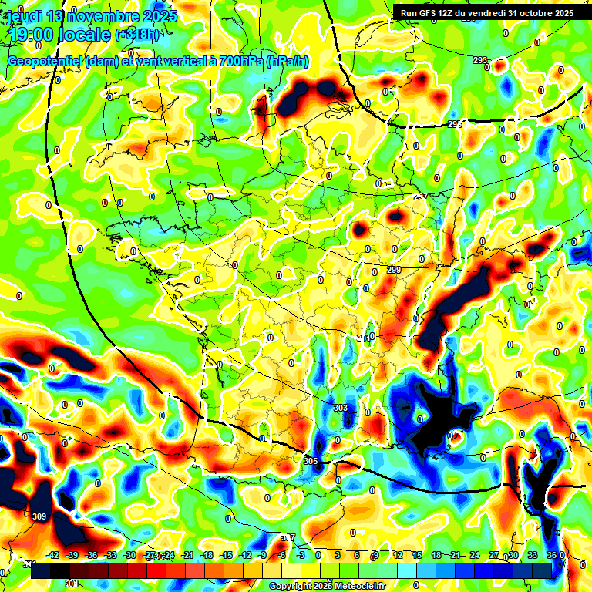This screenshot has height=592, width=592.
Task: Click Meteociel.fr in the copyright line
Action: tap(353, 587)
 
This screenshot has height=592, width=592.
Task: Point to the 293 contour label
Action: tap(480, 60)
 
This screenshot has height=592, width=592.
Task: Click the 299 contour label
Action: tap(394, 270)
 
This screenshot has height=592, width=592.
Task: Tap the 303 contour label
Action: tap(340, 407)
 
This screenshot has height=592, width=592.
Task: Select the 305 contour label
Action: tap(311, 460)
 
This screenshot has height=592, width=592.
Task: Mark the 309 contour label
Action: tap(40, 516)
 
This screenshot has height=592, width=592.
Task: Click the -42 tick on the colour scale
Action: tap(53, 555)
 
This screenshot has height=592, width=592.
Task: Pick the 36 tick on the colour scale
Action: tap(552, 555)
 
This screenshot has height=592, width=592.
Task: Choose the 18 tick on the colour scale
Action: tap(436, 555)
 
